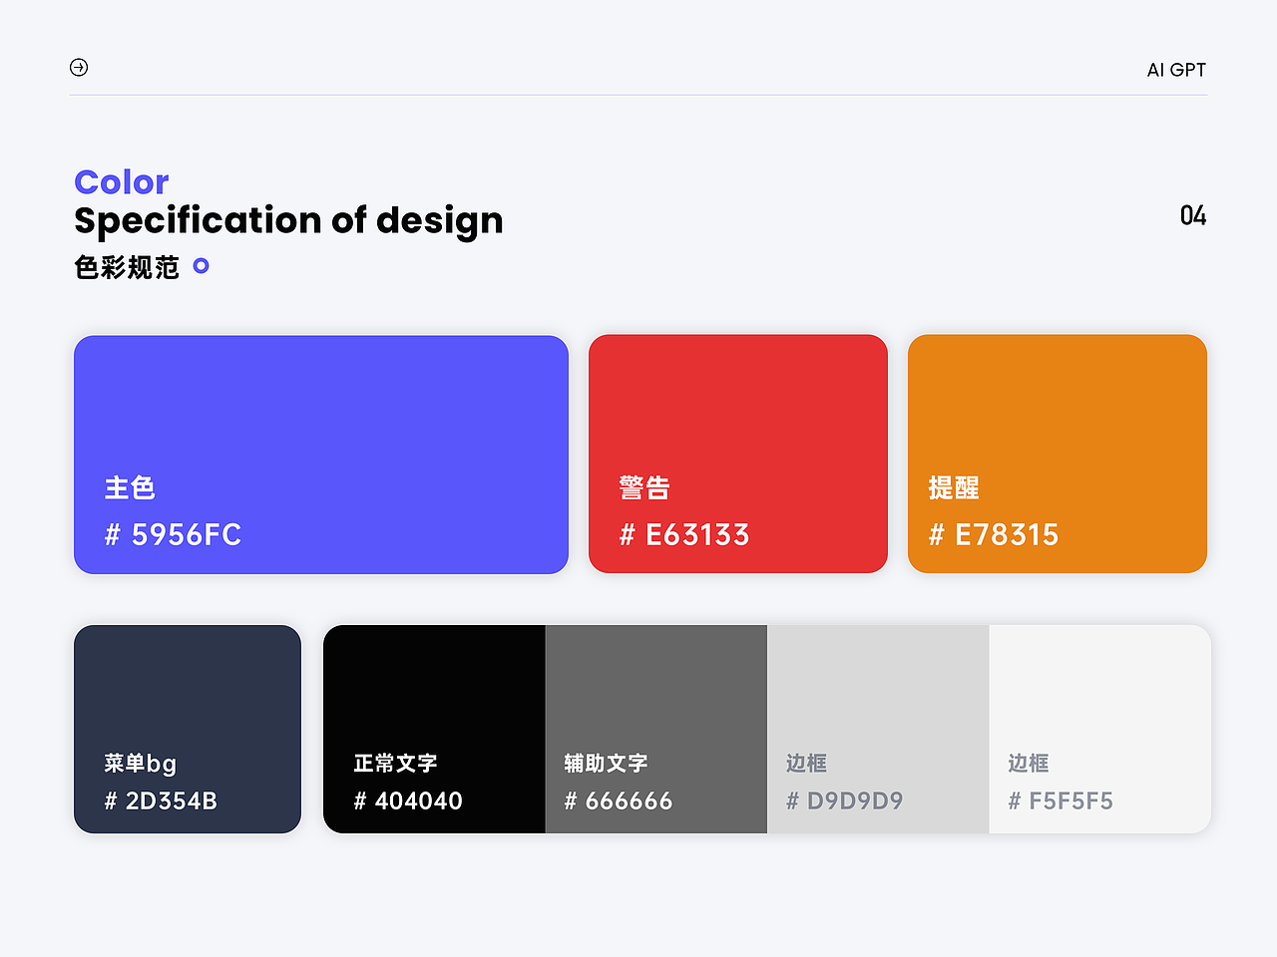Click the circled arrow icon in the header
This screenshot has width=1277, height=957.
(79, 67)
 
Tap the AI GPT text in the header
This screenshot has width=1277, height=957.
(1176, 70)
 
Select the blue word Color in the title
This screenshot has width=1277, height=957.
(122, 182)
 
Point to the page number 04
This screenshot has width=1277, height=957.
(1193, 216)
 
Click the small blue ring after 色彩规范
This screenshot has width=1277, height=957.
(201, 266)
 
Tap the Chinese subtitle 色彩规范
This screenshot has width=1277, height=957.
(127, 267)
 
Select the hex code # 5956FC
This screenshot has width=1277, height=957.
(174, 535)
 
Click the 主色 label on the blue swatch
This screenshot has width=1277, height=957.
(130, 487)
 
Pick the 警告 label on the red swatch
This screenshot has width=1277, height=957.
(644, 487)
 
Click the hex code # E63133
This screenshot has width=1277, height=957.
(684, 535)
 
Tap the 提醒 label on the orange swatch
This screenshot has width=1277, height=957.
(954, 487)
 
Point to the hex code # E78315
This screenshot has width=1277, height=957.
(994, 535)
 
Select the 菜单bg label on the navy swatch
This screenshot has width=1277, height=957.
(141, 764)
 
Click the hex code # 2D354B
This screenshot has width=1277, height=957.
(161, 800)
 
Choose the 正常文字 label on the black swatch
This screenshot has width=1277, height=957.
(396, 764)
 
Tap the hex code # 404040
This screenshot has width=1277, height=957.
(408, 800)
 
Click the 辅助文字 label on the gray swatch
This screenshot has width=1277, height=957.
(606, 764)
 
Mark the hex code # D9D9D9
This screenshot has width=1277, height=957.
(845, 800)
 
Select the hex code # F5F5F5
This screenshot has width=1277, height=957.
(1061, 800)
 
